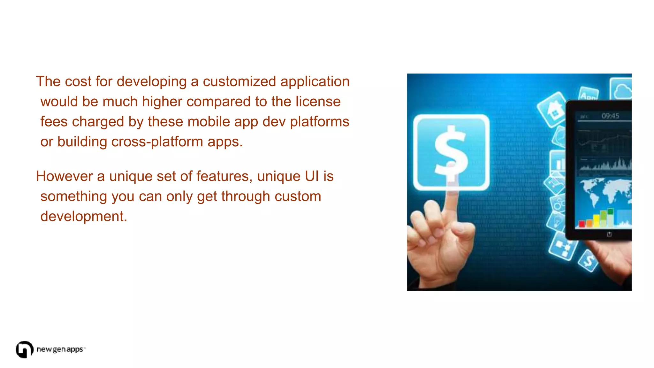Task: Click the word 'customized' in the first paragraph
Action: [239, 81]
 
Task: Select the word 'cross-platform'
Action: [157, 142]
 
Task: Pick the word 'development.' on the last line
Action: [84, 217]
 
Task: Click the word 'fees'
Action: [54, 122]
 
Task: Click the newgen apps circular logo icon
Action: [24, 349]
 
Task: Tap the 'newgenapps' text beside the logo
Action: [60, 349]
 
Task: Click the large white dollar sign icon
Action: [451, 152]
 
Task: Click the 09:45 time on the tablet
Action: [610, 116]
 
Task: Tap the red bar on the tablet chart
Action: [582, 224]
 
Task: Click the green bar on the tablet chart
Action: [610, 212]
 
